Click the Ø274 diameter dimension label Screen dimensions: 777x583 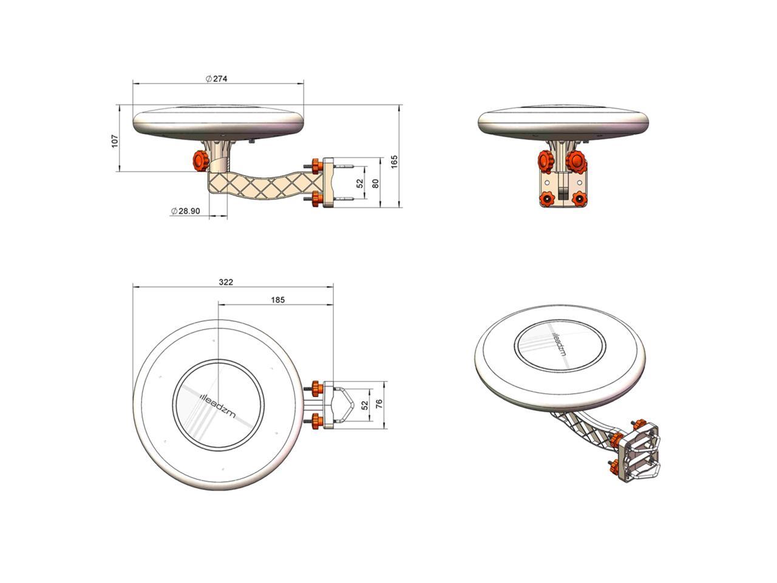click(x=216, y=78)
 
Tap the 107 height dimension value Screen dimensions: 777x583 click(x=115, y=141)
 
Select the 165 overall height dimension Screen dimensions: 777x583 click(x=394, y=162)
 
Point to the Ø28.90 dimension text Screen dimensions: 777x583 click(x=186, y=211)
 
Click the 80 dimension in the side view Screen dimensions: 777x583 click(x=376, y=183)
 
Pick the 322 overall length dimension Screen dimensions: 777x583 click(x=226, y=282)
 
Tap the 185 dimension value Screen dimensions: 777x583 click(x=278, y=300)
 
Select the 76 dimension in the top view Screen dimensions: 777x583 click(x=379, y=403)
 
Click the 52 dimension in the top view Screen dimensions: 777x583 click(x=365, y=405)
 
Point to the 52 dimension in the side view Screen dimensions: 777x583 click(x=360, y=183)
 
